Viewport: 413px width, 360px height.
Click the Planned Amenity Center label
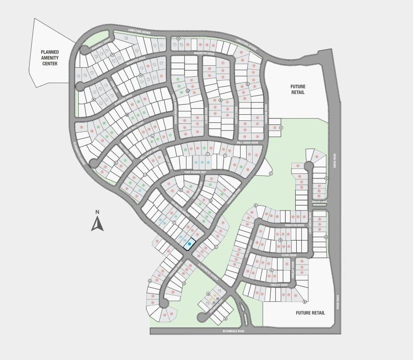[x=50, y=58]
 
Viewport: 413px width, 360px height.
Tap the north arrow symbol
[x=97, y=223]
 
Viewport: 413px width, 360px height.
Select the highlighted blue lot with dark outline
[x=189, y=244]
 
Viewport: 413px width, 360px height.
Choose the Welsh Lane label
[x=319, y=203]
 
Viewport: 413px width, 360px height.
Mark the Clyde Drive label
[x=289, y=255]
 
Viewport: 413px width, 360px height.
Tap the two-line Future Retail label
[x=298, y=90]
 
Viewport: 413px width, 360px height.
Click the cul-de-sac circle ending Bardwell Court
[x=84, y=49]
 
